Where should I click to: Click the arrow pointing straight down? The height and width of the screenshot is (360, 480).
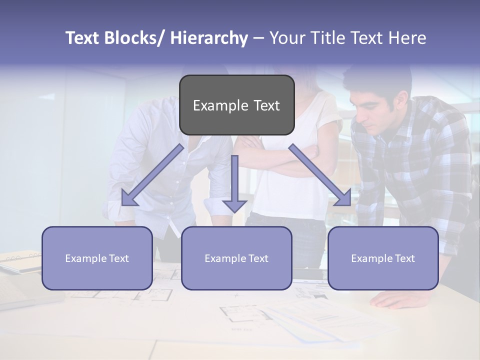point(234,185)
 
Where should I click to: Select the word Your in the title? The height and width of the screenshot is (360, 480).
point(286,38)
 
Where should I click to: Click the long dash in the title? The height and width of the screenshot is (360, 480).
point(258,38)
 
